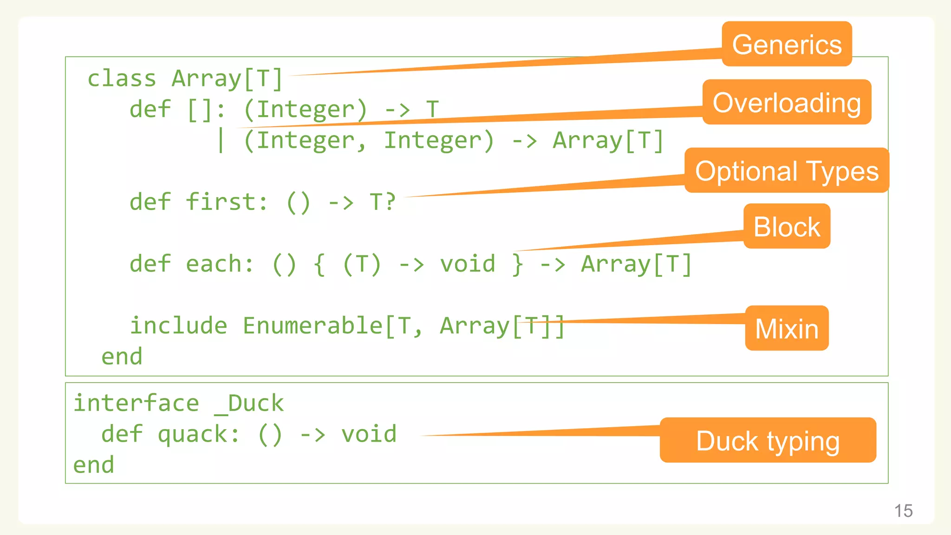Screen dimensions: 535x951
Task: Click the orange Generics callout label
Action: [787, 44]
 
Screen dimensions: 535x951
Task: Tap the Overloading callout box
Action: [787, 102]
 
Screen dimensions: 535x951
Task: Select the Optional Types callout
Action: [787, 170]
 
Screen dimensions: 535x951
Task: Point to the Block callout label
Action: [787, 227]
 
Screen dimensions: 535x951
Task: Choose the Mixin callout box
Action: [787, 328]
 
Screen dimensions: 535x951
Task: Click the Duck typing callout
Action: [768, 440]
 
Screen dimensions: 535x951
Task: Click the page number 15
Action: [903, 511]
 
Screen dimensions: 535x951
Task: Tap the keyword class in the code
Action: [122, 78]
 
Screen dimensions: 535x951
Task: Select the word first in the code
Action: [227, 202]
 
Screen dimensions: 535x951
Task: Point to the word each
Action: [220, 264]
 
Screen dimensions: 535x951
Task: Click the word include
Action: [178, 326]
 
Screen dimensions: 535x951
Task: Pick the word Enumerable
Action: [313, 326]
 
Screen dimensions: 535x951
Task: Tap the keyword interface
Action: [136, 403]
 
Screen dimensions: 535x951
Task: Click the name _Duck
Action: [249, 403]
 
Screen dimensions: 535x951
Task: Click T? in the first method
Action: [382, 202]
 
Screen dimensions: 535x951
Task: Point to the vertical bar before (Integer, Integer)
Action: [221, 140]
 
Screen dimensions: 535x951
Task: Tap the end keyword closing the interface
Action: [93, 465]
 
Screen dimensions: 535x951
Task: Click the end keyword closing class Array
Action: [122, 357]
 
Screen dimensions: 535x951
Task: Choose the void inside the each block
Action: [468, 264]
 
